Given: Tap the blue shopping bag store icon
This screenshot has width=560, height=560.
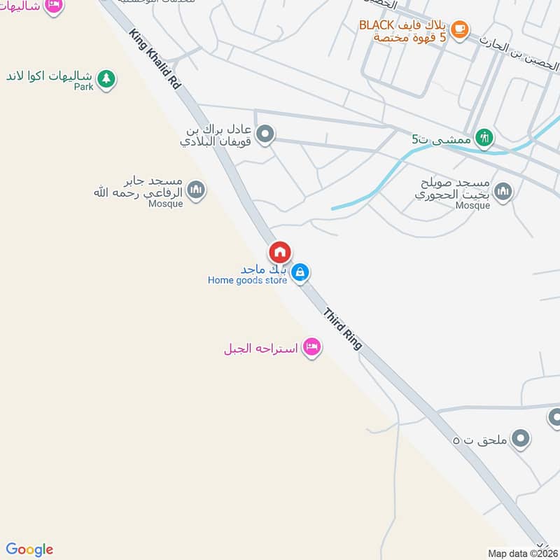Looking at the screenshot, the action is point(300,272).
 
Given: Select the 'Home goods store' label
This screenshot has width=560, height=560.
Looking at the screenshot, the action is point(247,281).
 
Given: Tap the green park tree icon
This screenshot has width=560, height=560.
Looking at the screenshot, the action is point(106,78).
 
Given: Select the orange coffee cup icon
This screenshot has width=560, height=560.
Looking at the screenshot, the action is point(459,29).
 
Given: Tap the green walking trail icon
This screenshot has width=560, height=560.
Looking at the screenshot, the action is point(483,138).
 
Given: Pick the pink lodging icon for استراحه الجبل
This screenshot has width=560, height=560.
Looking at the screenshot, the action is point(311,347).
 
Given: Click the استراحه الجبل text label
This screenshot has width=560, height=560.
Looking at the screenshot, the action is point(260,349).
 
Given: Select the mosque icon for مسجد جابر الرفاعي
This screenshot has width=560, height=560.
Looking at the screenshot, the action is point(197,190).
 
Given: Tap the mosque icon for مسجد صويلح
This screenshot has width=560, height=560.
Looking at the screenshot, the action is point(503,191).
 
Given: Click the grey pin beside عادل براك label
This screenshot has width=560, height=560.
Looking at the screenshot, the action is point(265,134).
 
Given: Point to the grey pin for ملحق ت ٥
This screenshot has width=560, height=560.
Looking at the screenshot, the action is point(519,439).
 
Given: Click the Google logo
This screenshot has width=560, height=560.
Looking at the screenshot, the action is point(30,549).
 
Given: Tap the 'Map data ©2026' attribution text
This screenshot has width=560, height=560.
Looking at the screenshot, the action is point(523,553).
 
